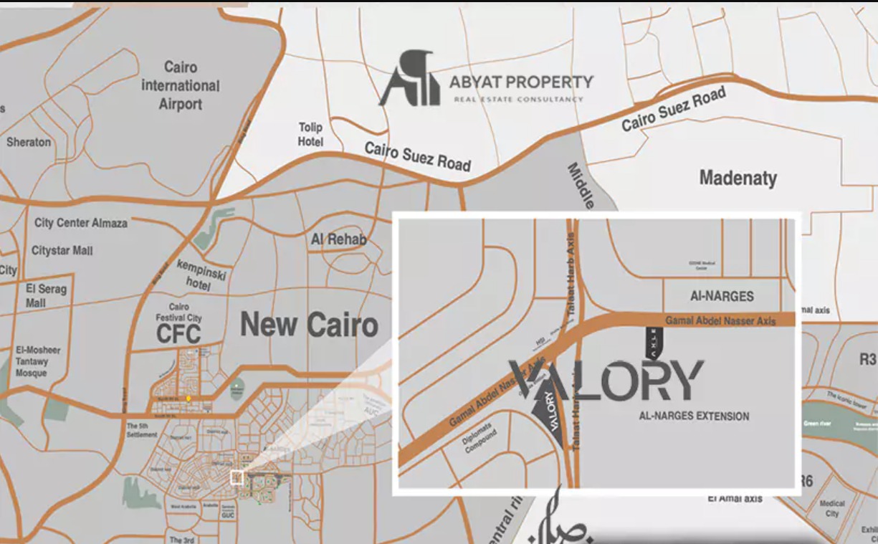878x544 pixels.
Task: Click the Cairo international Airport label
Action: click(181, 85)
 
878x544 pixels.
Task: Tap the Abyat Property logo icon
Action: click(410, 78)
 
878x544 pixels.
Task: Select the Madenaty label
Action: click(738, 178)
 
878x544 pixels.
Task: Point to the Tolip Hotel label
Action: click(310, 134)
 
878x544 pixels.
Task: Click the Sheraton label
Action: click(29, 142)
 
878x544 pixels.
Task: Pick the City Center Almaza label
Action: click(80, 223)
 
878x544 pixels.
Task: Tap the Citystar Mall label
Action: click(62, 251)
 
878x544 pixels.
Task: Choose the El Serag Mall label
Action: click(46, 295)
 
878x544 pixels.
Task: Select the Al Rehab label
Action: click(338, 239)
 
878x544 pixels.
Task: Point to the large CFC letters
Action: click(178, 333)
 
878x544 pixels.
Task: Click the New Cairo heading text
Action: click(309, 325)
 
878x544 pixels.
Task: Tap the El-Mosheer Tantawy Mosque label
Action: click(38, 362)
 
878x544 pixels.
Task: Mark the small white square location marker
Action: click(236, 478)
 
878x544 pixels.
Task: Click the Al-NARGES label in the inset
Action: click(722, 296)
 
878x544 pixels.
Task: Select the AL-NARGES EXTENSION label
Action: click(694, 416)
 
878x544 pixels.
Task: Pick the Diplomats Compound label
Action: click(480, 442)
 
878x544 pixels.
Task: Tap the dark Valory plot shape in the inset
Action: click(549, 415)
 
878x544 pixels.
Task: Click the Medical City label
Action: click(831, 508)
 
